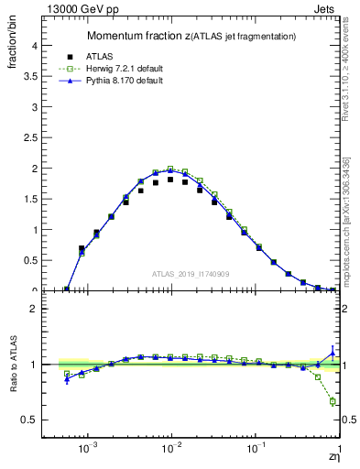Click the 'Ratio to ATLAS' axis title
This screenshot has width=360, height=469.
pyautogui.click(x=15, y=365)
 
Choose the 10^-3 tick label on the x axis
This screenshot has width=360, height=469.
pyautogui.click(x=88, y=450)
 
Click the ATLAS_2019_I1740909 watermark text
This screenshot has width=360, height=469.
pyautogui.click(x=190, y=274)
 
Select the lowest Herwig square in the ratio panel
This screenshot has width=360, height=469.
pyautogui.click(x=333, y=402)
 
